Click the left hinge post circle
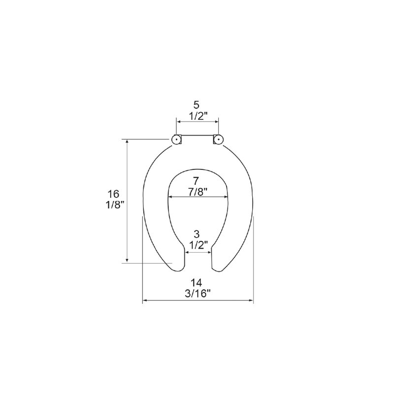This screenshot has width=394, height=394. coord(176,139)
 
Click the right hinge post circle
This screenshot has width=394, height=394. coord(219,139)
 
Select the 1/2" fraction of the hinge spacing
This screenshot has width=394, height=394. coord(198,116)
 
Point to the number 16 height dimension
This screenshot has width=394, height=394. coord(113,194)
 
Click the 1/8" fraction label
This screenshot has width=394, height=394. coord(115,205)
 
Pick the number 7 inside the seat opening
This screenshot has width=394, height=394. coord(196,181)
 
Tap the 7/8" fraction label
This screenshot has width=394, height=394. coord(197,192)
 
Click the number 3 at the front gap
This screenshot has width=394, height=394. coord(197,234)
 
